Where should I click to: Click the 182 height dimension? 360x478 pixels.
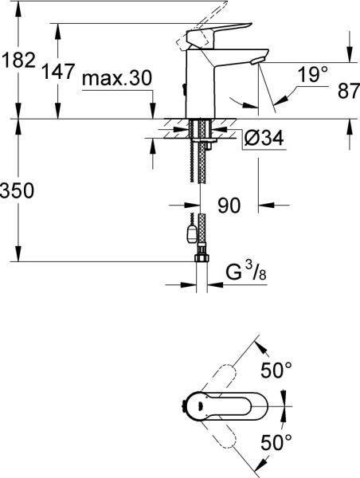coord(18,59)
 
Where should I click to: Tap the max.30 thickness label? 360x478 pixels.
coord(117,80)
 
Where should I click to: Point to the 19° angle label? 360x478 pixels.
coord(314,75)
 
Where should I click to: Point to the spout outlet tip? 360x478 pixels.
coord(256,61)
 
